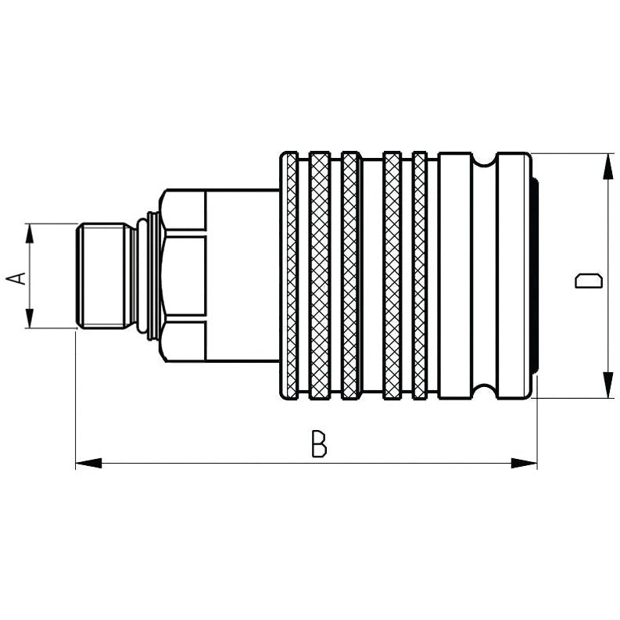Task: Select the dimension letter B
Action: point(318,444)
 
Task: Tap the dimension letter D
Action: point(588,281)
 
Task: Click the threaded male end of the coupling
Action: point(104,276)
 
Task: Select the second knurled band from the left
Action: point(319,276)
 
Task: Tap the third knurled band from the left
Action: point(350,276)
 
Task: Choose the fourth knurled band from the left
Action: point(392,276)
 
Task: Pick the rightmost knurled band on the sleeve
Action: point(420,276)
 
